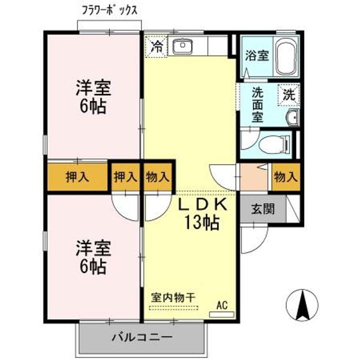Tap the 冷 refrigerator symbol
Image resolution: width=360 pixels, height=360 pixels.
tap(157, 47)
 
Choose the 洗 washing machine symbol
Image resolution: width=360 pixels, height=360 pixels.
tap(290, 93)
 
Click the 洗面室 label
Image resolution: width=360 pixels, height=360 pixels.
tap(257, 105)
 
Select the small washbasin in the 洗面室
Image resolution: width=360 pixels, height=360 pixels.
tap(292, 118)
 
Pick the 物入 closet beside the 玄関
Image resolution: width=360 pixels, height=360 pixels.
tap(286, 176)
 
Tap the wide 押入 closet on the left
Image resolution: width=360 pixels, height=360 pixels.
tap(78, 176)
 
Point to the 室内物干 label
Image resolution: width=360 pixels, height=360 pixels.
tap(173, 296)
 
